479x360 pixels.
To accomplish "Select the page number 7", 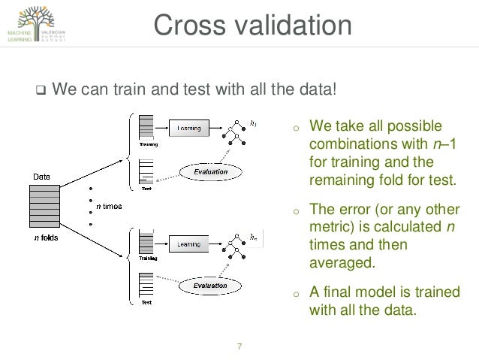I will pos(239,346).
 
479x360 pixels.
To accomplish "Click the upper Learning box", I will pos(189,129).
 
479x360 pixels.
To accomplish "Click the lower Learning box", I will pos(188,244).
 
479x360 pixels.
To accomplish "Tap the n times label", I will pos(110,205).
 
